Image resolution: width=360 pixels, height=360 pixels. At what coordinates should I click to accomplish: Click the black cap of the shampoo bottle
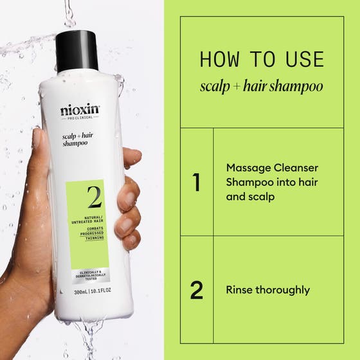click(76, 51)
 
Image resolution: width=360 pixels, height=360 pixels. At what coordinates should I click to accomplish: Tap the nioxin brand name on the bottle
click(80, 110)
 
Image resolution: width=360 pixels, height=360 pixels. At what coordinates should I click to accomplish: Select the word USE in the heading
click(301, 59)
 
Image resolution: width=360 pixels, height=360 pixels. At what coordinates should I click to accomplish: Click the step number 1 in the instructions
click(197, 183)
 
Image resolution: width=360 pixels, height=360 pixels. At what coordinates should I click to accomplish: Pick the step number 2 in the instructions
click(197, 290)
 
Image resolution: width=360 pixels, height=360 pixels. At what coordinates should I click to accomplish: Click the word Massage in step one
click(246, 167)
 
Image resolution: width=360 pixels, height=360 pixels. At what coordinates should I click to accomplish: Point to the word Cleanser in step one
click(296, 167)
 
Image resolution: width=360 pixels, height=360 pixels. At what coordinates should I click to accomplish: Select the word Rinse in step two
click(239, 290)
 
